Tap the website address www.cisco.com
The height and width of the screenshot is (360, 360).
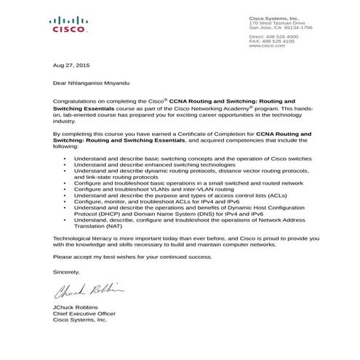pyautogui.click(x=265, y=45)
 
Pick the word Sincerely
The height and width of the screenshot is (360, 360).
pyautogui.click(x=67, y=271)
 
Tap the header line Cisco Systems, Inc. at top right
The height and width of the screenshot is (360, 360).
pyautogui.click(x=273, y=17)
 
